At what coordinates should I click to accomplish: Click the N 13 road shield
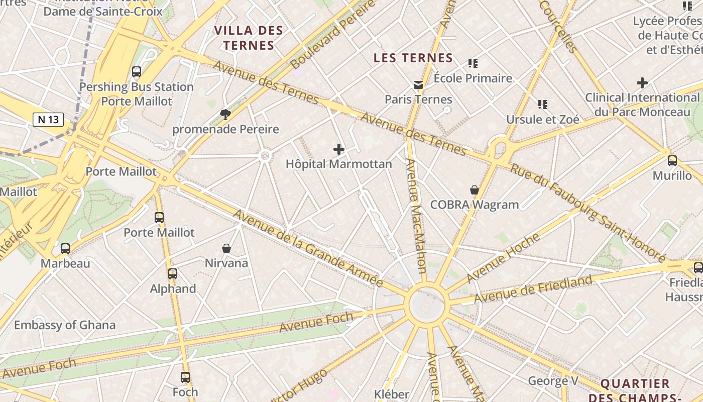(x=48, y=120)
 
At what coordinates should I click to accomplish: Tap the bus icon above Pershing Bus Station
(x=137, y=72)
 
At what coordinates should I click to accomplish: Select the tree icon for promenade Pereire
(x=225, y=115)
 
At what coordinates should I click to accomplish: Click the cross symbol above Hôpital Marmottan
(x=339, y=149)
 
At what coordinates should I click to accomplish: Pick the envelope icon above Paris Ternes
(x=418, y=85)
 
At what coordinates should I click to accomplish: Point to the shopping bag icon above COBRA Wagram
(x=474, y=190)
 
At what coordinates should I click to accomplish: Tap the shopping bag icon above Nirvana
(x=226, y=248)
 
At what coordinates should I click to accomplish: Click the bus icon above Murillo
(x=672, y=161)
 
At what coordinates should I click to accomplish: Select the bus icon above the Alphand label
(x=173, y=274)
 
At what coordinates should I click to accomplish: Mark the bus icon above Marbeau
(x=65, y=249)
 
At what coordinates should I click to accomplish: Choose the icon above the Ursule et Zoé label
(x=542, y=105)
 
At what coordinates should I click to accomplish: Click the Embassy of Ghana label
(x=65, y=325)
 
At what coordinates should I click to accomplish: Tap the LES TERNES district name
(x=413, y=58)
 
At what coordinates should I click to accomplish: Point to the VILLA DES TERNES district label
(x=249, y=38)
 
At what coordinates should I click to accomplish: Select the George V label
(x=553, y=381)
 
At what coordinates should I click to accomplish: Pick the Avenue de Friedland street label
(x=533, y=289)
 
